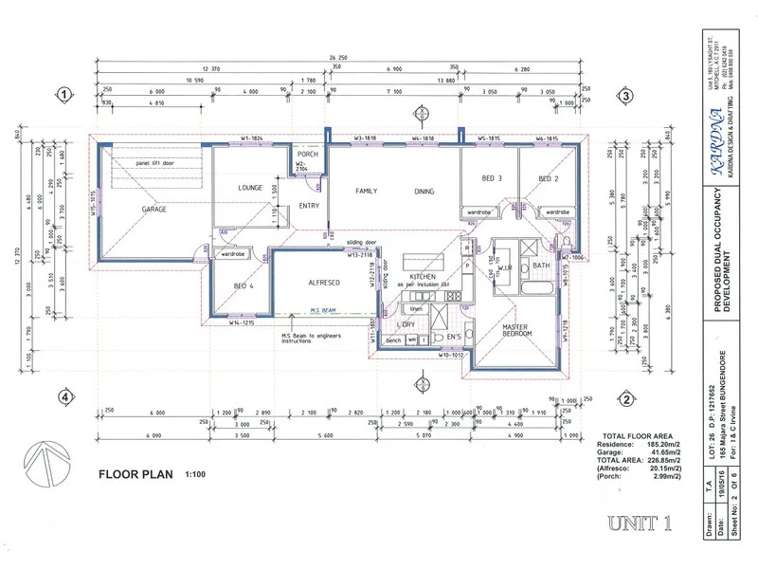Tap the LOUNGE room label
coord(250,188)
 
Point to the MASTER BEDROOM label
coord(515,330)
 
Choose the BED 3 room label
coord(491,179)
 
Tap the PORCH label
coord(306,154)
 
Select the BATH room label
coord(541,266)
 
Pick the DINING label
coord(424,191)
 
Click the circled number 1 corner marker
coord(63,95)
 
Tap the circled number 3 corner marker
coord(625,95)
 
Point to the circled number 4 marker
coord(63,397)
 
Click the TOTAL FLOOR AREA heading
coord(630,434)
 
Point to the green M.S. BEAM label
coord(324,310)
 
